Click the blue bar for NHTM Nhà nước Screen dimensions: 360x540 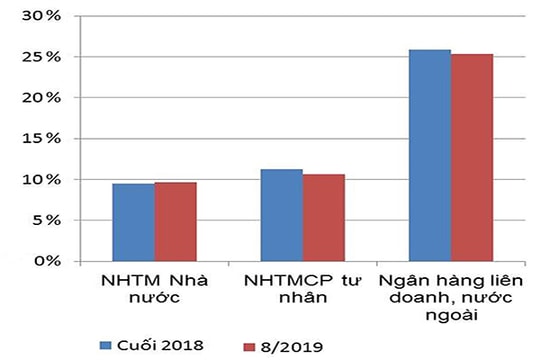click(132, 222)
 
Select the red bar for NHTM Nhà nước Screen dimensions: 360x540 click(175, 222)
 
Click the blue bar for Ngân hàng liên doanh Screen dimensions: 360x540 click(429, 155)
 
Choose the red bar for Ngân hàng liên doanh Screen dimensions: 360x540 click(472, 157)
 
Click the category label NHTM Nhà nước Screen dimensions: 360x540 click(154, 288)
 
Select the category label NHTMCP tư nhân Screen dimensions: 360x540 click(302, 288)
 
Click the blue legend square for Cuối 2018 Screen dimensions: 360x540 click(106, 345)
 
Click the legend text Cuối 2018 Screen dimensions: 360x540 click(161, 345)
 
